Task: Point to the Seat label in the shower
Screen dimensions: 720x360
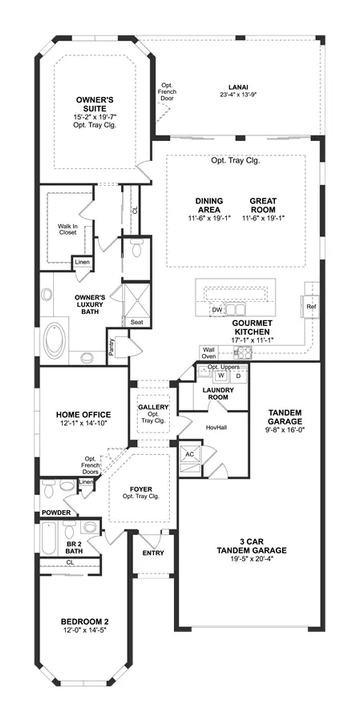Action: pos(135,322)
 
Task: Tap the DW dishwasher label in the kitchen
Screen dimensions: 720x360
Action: pos(216,310)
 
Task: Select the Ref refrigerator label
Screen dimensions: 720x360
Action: pos(311,306)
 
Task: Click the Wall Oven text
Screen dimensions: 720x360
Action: pos(208,351)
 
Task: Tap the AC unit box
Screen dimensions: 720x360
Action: pos(188,452)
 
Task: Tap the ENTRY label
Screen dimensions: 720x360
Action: pos(153,552)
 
